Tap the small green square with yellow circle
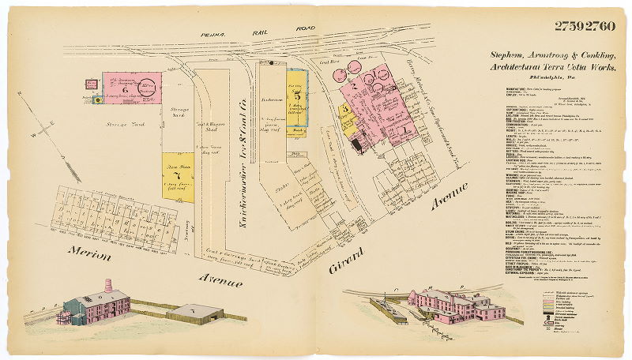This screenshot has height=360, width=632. click(96, 99)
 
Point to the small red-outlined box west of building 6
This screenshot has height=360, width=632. click(92, 82)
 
